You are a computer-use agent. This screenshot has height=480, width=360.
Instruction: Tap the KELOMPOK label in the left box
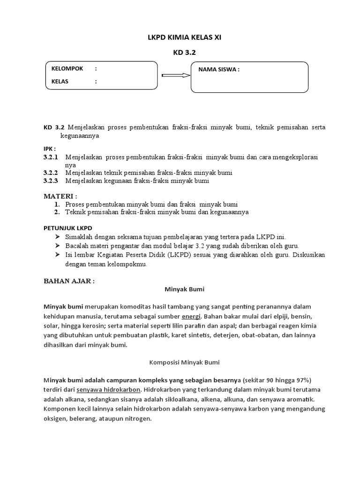point(67,68)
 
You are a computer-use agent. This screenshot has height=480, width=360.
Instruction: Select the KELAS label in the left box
point(60,81)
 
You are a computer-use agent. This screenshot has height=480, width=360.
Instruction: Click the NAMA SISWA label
point(219,70)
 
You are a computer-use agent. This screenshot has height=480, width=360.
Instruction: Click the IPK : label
point(49,149)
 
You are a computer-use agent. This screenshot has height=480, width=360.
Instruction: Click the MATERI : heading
point(60,195)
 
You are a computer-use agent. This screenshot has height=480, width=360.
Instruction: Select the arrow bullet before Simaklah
point(57,237)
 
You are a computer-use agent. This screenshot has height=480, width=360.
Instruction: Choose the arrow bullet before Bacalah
point(57,246)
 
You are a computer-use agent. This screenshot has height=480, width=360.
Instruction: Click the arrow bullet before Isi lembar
point(57,255)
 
